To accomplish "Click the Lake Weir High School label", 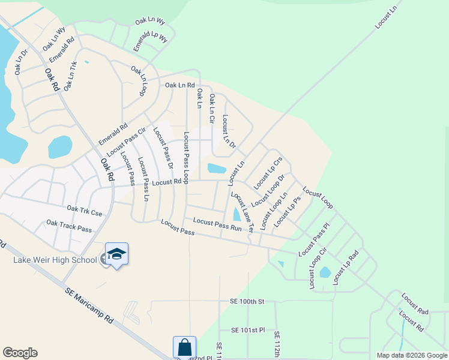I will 55,260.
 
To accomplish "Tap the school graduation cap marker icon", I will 116,254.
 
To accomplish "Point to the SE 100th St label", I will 247,301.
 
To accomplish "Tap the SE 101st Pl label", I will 248,330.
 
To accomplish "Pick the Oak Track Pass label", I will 69,226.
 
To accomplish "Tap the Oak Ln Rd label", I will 180,85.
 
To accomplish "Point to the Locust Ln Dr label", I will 229,131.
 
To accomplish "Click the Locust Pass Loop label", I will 187,157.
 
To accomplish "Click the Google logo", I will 20,353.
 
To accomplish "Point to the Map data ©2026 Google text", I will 411,355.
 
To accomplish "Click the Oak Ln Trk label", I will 71,76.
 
